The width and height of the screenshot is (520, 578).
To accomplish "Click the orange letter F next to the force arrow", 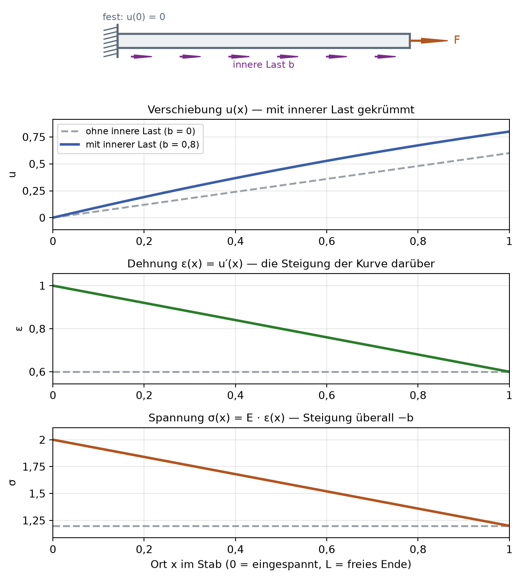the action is click(x=457, y=40).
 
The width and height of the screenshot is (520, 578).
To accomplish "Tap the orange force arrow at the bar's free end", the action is click(x=429, y=41).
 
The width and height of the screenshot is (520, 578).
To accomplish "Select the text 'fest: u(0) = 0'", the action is click(x=134, y=17).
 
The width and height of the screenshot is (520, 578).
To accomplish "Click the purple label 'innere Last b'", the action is click(x=263, y=65).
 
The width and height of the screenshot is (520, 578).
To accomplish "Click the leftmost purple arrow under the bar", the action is click(x=142, y=56).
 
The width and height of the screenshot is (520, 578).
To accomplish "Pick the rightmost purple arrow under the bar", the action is click(x=385, y=56).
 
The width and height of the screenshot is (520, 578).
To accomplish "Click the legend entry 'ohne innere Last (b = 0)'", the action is click(x=140, y=131).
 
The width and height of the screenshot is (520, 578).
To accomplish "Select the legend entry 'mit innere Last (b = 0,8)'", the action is click(x=142, y=144).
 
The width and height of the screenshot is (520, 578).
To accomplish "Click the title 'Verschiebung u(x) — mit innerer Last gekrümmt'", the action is click(x=281, y=110).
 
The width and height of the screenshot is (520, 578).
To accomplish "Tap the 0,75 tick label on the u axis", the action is click(x=34, y=137).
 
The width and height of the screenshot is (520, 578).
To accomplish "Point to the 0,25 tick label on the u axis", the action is click(x=34, y=191).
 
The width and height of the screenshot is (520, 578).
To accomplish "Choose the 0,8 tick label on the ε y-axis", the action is click(x=37, y=329).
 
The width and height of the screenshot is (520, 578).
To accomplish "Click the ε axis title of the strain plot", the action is click(x=19, y=329).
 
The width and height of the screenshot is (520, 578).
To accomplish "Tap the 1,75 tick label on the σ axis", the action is click(x=34, y=466).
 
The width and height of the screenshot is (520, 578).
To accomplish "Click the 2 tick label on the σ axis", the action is click(x=42, y=440).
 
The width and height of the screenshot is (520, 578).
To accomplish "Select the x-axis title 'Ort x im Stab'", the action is click(x=186, y=564).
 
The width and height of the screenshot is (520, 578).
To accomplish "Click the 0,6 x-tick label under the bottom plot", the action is click(x=327, y=549).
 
